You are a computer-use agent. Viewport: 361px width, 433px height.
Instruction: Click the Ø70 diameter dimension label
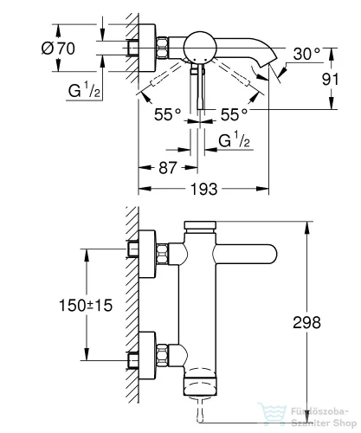click(x=58, y=48)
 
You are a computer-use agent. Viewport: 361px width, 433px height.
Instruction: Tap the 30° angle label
click(x=306, y=54)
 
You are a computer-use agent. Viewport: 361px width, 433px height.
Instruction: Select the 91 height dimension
click(x=330, y=79)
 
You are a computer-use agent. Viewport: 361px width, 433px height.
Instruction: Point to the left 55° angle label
click(x=167, y=114)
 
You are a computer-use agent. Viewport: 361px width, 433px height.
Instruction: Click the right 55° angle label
click(x=234, y=114)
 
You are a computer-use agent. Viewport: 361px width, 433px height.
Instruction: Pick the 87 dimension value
click(x=167, y=168)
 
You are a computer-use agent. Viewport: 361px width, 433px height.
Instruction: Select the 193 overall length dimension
click(x=203, y=189)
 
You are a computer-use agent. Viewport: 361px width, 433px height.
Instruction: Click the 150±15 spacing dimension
click(x=86, y=306)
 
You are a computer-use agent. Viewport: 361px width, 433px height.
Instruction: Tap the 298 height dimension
click(x=306, y=322)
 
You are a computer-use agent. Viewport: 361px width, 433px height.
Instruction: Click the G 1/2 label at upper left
click(x=84, y=90)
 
